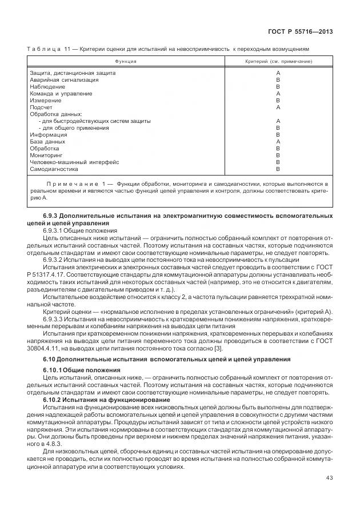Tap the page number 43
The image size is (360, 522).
tap(328, 478)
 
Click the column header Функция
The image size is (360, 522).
tap(125, 61)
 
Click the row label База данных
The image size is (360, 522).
tap(47, 141)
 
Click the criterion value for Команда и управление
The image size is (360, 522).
tap(278, 93)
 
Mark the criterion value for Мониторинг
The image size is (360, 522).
tap(278, 155)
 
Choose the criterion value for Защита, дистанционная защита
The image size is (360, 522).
tap(278, 73)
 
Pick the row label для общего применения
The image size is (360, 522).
tap(74, 127)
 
